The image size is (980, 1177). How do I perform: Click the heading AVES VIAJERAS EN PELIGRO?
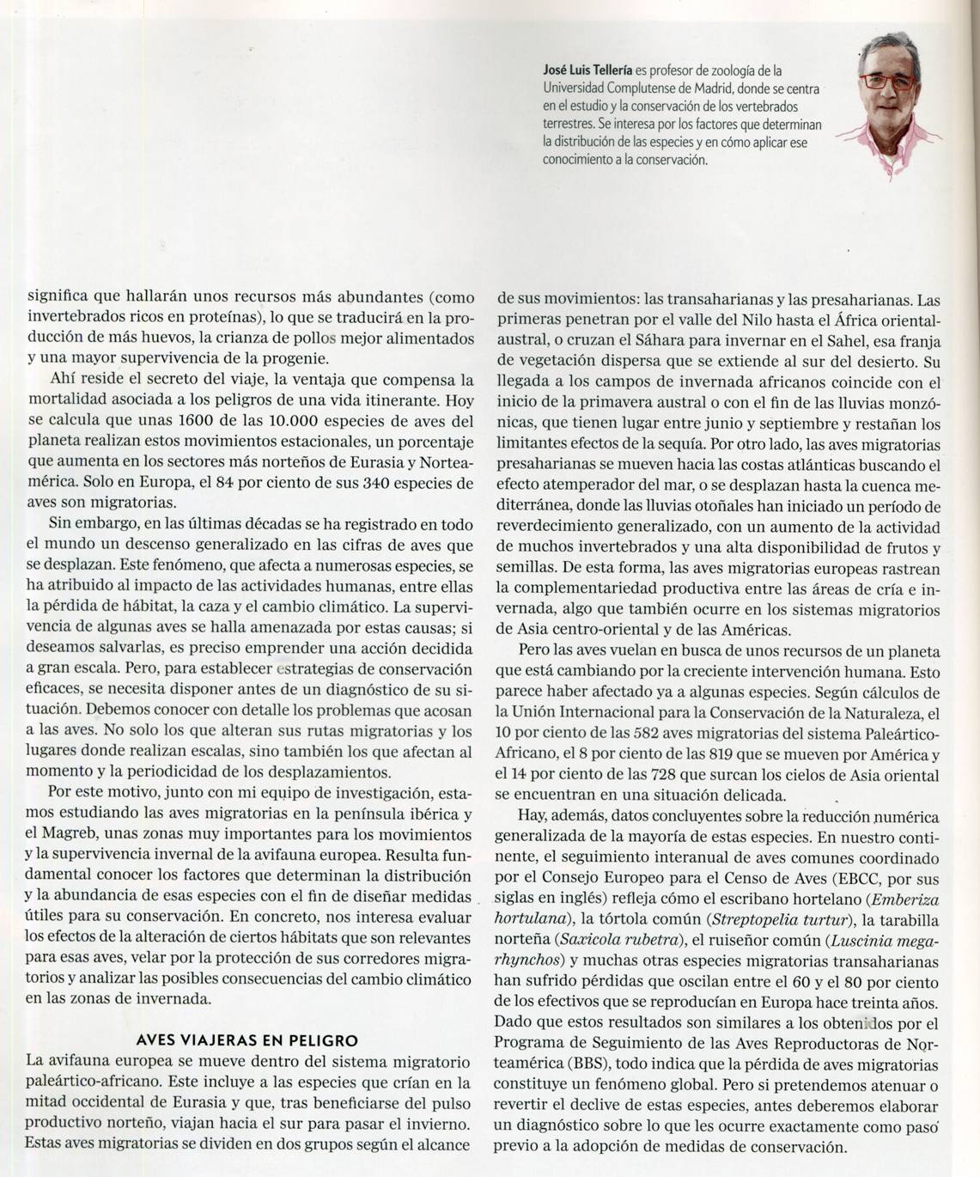(x=247, y=1040)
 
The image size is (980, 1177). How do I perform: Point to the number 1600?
(x=195, y=421)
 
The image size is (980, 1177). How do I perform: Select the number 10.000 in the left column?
(x=288, y=421)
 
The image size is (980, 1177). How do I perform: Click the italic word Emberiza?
(x=907, y=900)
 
